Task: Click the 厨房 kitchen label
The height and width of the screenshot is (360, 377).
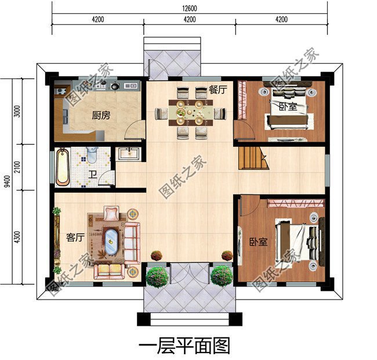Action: click(x=100, y=116)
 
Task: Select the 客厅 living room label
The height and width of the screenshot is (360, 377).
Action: click(x=75, y=237)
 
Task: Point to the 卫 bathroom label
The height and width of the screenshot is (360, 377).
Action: click(x=92, y=174)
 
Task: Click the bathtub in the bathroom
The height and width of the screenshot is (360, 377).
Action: click(x=63, y=167)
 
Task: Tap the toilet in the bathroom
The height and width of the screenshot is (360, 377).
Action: click(x=92, y=156)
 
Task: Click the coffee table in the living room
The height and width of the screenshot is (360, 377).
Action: click(x=111, y=239)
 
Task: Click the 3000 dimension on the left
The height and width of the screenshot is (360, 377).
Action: click(x=17, y=111)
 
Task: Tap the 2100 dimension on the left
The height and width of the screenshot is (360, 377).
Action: click(x=17, y=168)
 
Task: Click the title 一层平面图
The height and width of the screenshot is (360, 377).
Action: click(x=185, y=345)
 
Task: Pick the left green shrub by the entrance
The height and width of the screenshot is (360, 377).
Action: click(x=157, y=276)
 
